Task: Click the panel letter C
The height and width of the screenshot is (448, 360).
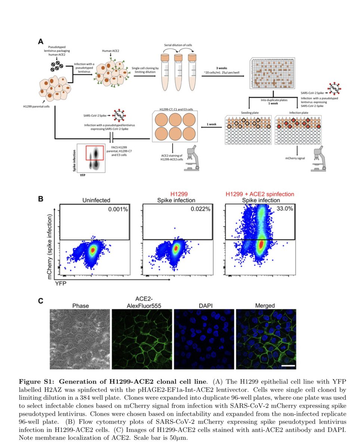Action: (x=41, y=301)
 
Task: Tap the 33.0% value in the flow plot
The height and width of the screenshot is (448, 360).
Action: (x=285, y=209)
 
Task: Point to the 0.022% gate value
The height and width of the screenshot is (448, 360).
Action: (x=202, y=209)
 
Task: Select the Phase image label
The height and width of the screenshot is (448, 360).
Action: (x=80, y=306)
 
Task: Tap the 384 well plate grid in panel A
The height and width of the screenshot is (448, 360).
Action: (x=274, y=73)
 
